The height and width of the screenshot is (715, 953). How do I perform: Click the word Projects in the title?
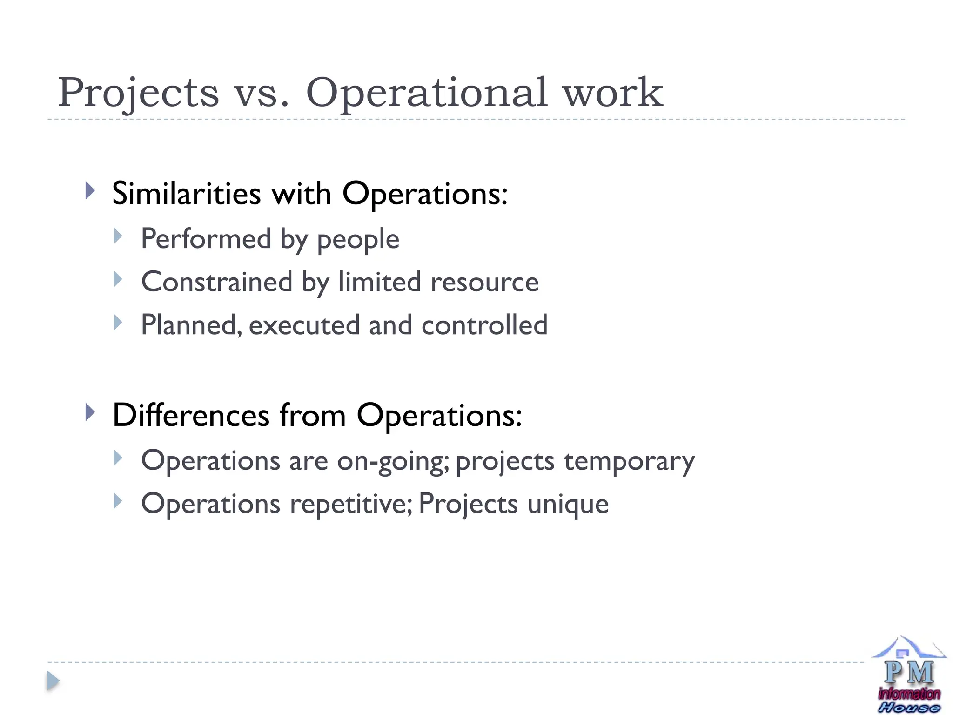[x=138, y=93]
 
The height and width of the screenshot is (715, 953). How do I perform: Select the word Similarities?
[x=186, y=193]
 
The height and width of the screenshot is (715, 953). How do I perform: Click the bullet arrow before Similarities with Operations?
[x=90, y=191]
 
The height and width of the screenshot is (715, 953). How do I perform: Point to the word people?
[x=358, y=240]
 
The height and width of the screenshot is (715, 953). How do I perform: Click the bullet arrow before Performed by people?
[x=118, y=236]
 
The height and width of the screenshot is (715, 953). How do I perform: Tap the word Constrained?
[x=216, y=282]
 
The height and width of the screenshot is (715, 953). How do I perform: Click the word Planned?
[x=191, y=325]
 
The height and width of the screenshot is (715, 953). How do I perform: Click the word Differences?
[x=191, y=415]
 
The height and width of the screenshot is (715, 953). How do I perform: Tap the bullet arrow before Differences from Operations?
[x=90, y=412]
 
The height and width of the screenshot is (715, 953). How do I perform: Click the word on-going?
[x=393, y=461]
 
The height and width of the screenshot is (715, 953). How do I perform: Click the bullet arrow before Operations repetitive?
[x=118, y=501]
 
